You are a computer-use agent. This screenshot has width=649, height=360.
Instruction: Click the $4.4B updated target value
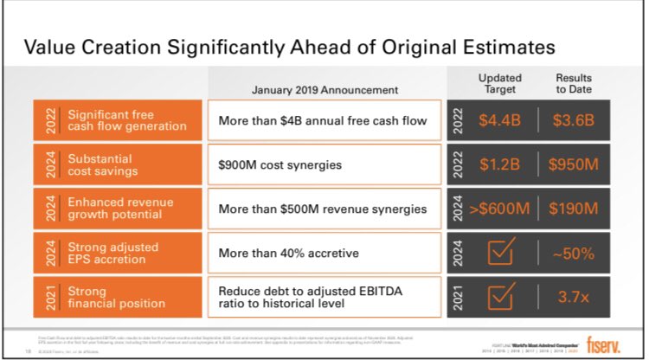tap(499, 120)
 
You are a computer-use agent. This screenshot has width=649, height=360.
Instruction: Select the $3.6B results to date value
tap(572, 120)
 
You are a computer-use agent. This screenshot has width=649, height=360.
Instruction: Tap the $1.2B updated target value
tap(499, 164)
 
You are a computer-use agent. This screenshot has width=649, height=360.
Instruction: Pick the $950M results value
tap(572, 164)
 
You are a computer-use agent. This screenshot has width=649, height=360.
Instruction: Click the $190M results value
tap(572, 209)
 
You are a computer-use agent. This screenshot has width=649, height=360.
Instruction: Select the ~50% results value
tap(572, 254)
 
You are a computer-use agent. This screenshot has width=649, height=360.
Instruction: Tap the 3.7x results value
tap(572, 298)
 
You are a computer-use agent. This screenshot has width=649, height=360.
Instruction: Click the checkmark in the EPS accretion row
tap(500, 253)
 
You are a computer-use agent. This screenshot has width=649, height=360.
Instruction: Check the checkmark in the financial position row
tap(500, 297)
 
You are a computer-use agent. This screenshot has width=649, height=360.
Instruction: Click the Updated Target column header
tap(499, 83)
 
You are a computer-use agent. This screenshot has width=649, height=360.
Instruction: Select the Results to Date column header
tap(572, 83)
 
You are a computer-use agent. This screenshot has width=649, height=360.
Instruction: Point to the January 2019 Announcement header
tap(324, 89)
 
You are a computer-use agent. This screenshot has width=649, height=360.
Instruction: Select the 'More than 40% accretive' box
tap(324, 254)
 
